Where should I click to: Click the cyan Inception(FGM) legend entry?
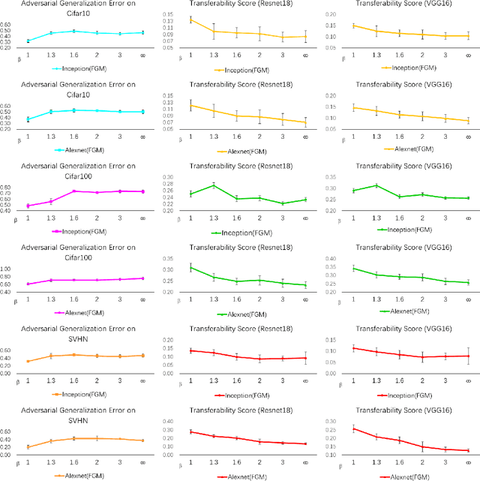tap(84, 68)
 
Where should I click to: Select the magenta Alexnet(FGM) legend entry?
tap(82, 310)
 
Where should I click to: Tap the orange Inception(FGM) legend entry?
tap(84, 391)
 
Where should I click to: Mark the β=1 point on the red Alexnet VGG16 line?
tap(352, 428)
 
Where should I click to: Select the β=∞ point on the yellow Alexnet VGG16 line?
tap(467, 121)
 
